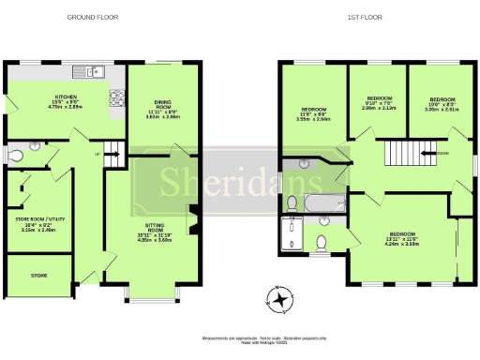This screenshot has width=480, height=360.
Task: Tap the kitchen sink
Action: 92,70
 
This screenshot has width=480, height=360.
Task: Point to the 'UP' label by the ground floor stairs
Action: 96,153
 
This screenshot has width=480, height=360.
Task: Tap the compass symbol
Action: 277,300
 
